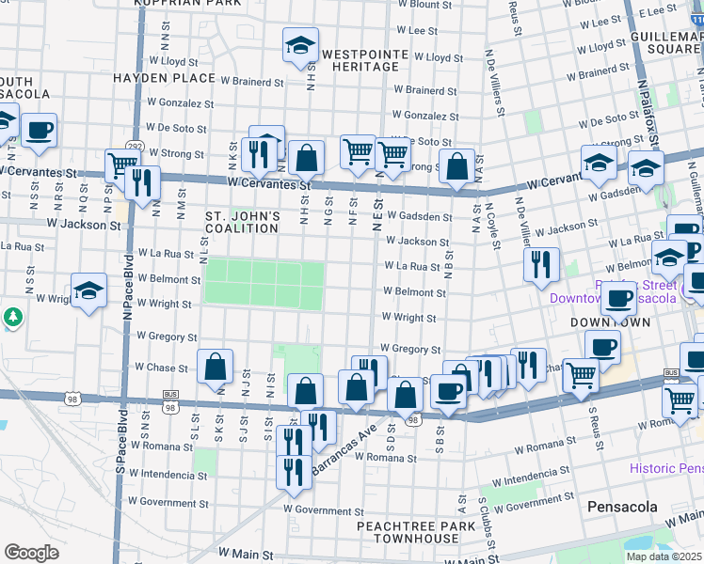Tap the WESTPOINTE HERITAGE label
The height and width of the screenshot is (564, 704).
pyautogui.click(x=360, y=60)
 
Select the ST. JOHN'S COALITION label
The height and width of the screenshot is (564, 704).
pyautogui.click(x=243, y=222)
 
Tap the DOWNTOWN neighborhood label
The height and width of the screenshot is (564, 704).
pyautogui.click(x=610, y=321)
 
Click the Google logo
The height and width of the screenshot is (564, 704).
pyautogui.click(x=31, y=553)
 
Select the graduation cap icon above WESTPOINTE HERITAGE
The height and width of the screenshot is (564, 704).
pyautogui.click(x=301, y=45)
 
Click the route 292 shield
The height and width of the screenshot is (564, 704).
pyautogui.click(x=136, y=147)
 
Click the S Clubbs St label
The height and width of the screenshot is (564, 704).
pyautogui.click(x=483, y=525)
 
